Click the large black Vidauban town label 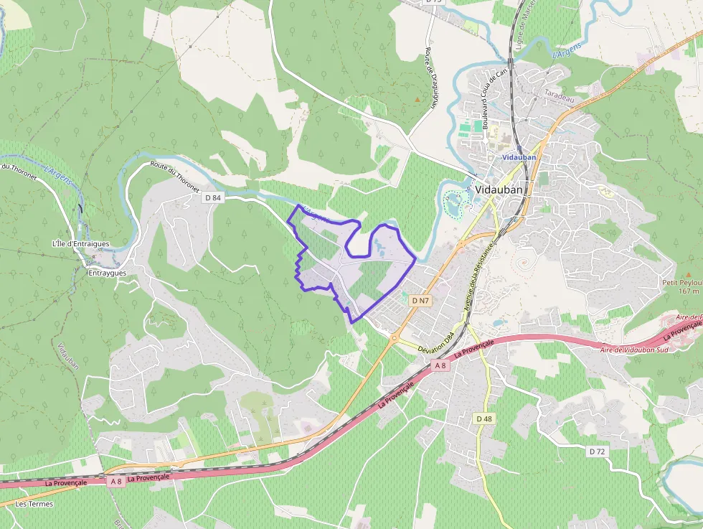pyautogui.click(x=499, y=190)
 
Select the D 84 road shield pyautogui.click(x=213, y=197)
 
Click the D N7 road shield pyautogui.click(x=420, y=301)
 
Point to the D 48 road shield pyautogui.click(x=484, y=418)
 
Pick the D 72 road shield pyautogui.click(x=597, y=451)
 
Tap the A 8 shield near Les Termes pyautogui.click(x=115, y=482)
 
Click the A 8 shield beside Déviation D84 pyautogui.click(x=440, y=365)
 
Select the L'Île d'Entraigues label pyautogui.click(x=80, y=243)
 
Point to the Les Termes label pyautogui.click(x=34, y=504)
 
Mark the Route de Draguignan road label pyautogui.click(x=432, y=78)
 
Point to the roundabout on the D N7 pyautogui.click(x=394, y=337)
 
